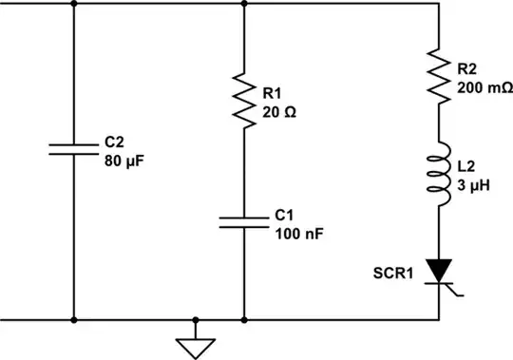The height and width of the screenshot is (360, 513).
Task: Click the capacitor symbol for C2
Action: (x=73, y=148)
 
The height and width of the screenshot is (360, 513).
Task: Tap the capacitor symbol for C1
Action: (x=244, y=222)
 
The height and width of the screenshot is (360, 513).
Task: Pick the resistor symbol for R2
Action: (x=437, y=75)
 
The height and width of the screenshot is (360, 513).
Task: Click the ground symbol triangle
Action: (x=195, y=347)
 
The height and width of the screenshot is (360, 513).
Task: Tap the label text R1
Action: (x=272, y=93)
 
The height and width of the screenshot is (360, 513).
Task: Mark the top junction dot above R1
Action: (x=244, y=3)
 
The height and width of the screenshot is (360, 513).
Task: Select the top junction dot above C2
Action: (x=73, y=3)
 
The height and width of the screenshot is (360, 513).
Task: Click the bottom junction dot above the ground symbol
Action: (x=195, y=320)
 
